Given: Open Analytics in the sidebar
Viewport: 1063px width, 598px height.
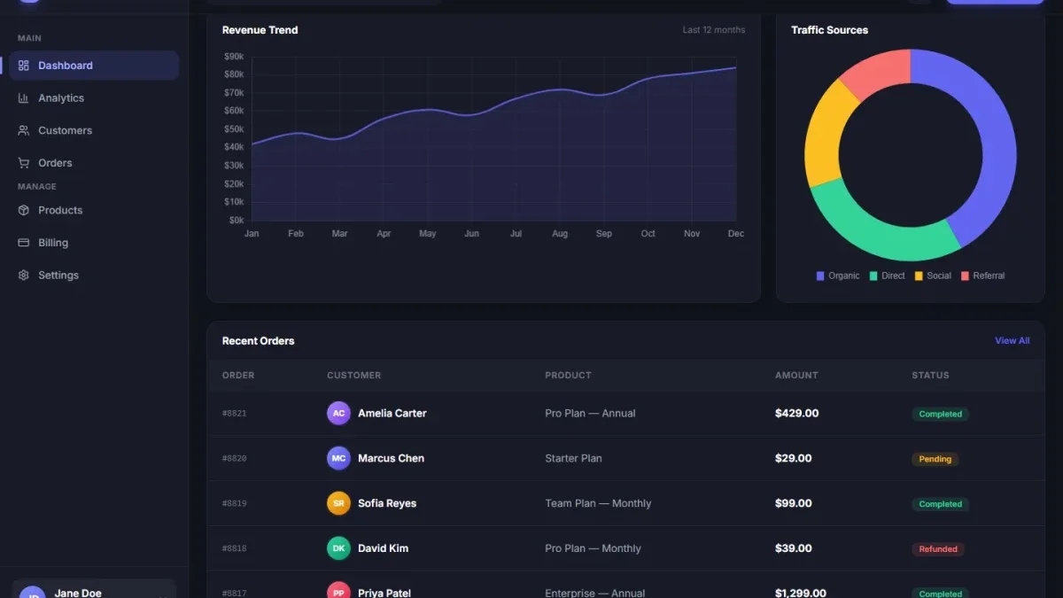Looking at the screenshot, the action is [61, 97].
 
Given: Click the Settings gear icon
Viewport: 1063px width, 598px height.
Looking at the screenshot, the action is [23, 276].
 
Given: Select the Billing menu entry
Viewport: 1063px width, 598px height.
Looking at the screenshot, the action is [53, 243].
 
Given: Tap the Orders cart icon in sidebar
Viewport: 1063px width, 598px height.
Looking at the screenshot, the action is [23, 163].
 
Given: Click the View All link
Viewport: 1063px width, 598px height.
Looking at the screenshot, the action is [1013, 341].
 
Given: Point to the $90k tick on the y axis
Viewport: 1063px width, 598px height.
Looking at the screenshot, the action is [234, 57].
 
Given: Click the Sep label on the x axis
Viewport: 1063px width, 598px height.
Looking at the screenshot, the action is [603, 234].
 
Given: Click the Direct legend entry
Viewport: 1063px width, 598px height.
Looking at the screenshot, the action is [887, 276].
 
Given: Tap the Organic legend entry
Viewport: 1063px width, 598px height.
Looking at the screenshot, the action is [838, 276].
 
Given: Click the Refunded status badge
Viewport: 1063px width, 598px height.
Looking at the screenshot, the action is [938, 549].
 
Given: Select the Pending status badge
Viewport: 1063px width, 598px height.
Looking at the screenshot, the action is [935, 459].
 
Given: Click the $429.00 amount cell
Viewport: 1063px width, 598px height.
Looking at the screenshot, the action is [796, 414].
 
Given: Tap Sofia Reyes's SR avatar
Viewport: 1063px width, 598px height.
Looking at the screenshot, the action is [338, 503].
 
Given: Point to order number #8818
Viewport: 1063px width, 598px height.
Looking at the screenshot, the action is [235, 548].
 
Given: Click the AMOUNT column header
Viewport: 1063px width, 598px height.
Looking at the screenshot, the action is [796, 376].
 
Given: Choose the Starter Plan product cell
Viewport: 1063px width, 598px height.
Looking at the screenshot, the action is [573, 459].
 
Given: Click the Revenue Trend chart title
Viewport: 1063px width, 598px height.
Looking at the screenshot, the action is [260, 30].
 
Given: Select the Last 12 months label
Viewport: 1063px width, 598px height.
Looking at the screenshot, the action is [714, 30].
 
